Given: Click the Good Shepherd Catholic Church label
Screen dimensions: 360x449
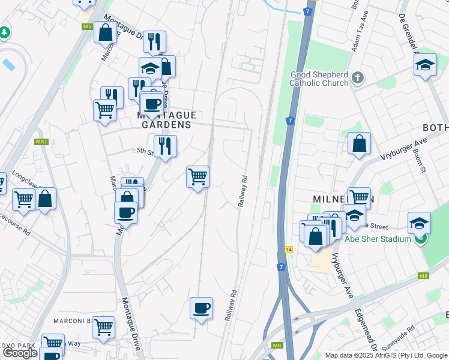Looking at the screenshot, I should [x=319, y=79].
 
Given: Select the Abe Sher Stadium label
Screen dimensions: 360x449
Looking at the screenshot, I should [x=378, y=239].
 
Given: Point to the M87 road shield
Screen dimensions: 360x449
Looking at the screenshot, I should [x=41, y=142].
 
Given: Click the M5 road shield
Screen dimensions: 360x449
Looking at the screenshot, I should [x=87, y=26].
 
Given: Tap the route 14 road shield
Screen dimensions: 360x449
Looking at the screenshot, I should [x=289, y=249].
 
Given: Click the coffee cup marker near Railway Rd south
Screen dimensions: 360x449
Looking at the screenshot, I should [x=202, y=308].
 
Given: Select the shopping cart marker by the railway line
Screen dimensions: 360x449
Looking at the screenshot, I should [x=197, y=177].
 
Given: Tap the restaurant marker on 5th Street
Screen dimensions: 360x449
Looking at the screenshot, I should [x=165, y=146].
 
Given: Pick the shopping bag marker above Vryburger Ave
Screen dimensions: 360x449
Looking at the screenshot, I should [x=359, y=143].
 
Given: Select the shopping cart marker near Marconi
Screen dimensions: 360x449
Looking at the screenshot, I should [x=103, y=328].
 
